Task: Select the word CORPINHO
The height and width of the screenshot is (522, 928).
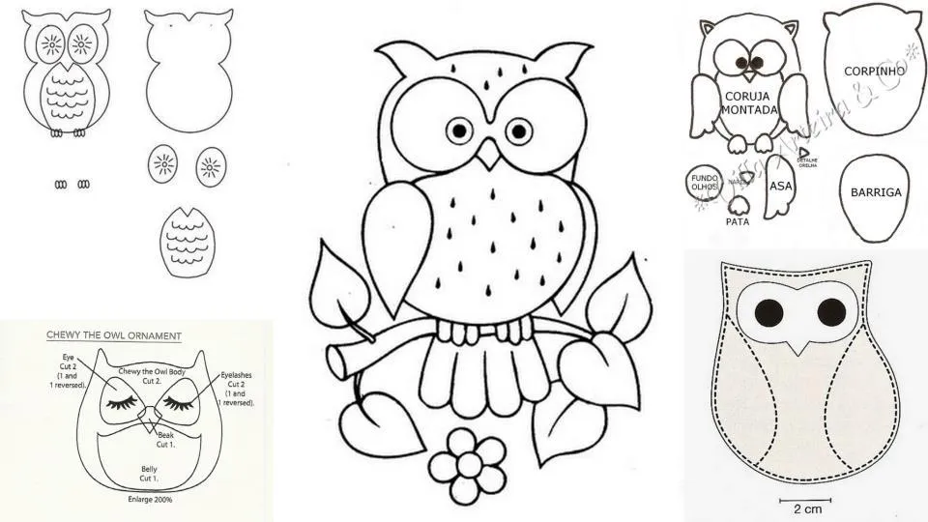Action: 873,72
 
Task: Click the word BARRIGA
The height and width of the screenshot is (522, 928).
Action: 876,192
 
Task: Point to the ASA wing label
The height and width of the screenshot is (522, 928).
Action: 780,187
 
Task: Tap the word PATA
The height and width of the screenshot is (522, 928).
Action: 738,220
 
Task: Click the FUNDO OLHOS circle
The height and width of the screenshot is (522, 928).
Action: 703,183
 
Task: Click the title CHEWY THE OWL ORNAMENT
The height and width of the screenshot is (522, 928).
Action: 114,335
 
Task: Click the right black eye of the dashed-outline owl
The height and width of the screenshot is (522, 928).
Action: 830,312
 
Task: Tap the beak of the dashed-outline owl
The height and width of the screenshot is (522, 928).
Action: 798,344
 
